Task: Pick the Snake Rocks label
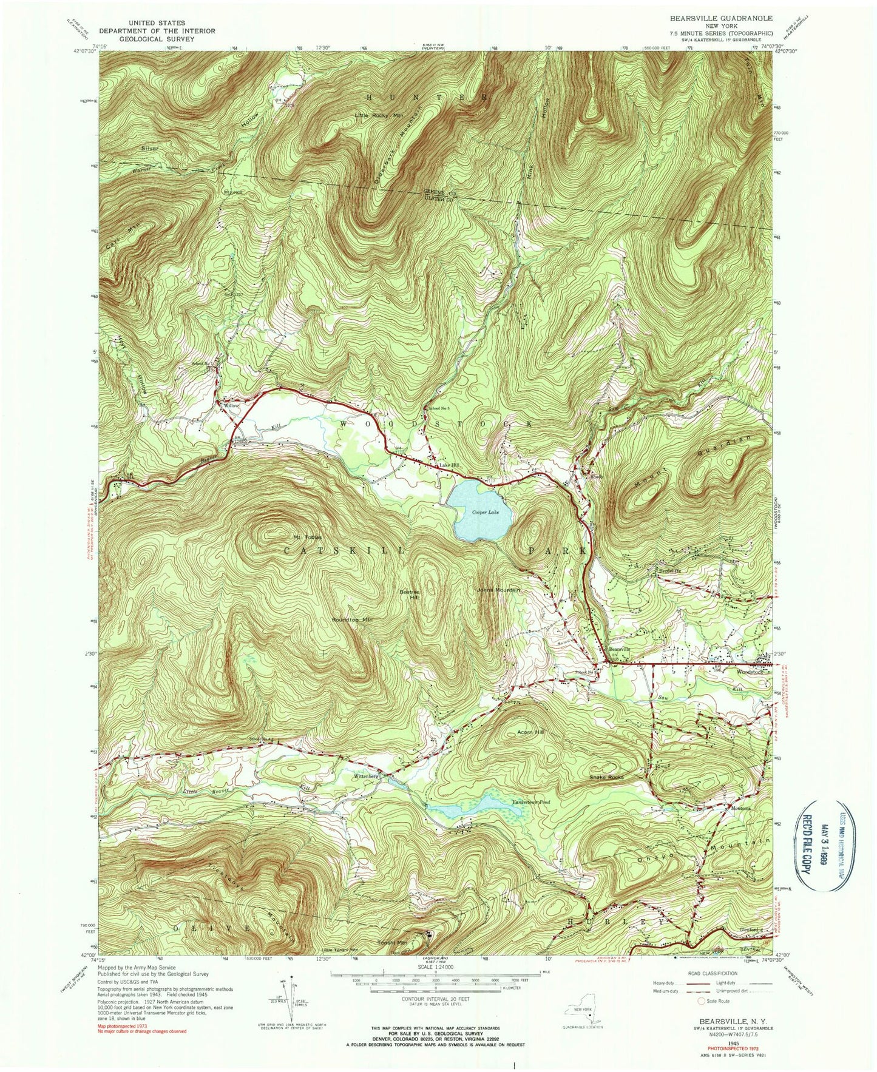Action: (x=606, y=777)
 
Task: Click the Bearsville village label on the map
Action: (x=620, y=649)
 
